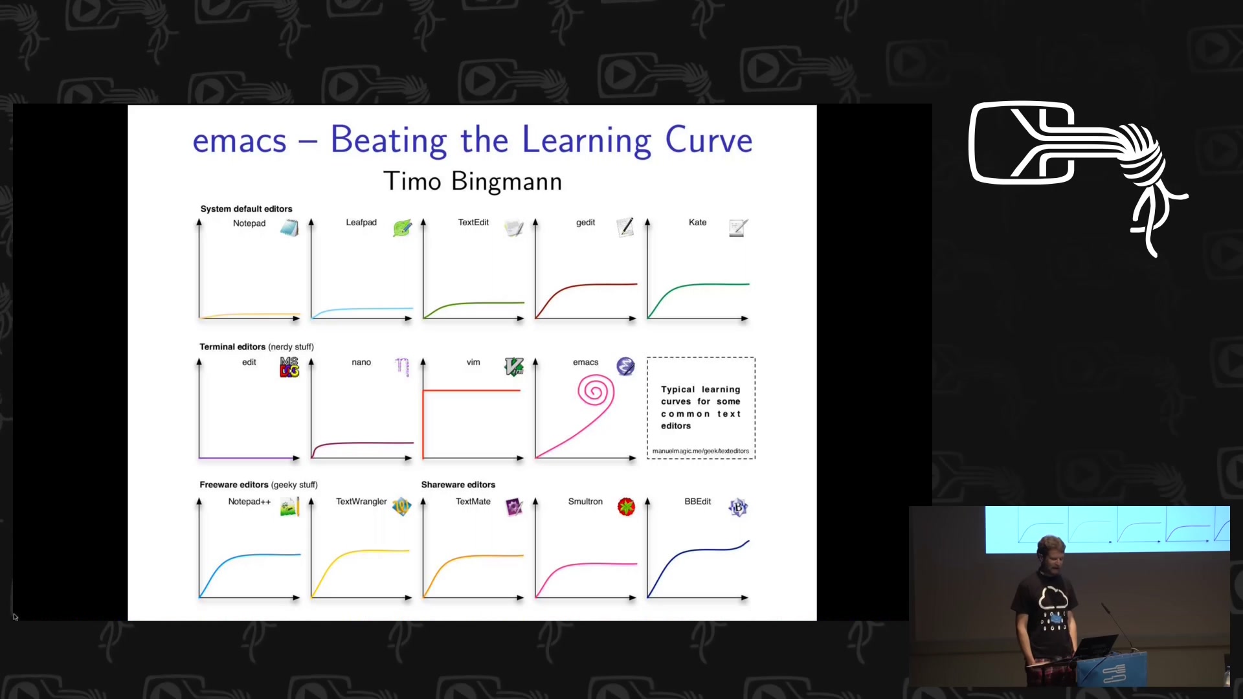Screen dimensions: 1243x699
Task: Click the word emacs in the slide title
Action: pos(240,141)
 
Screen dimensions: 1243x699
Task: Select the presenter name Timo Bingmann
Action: pos(473,181)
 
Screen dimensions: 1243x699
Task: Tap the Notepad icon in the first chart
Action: pos(289,228)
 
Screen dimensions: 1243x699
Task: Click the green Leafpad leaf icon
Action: pos(402,228)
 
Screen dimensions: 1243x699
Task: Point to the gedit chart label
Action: pos(585,223)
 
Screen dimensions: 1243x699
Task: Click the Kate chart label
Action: pos(697,222)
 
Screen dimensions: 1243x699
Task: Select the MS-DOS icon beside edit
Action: pos(289,367)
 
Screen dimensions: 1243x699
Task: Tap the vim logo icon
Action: pos(514,367)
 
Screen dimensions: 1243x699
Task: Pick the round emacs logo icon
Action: pos(625,366)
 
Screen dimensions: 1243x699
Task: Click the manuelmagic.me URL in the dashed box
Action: pos(700,451)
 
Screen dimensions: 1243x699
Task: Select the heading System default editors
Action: pos(246,209)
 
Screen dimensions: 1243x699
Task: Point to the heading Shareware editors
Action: pos(458,485)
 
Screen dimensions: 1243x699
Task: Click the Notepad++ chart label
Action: pos(249,502)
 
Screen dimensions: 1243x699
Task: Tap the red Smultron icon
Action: pos(626,507)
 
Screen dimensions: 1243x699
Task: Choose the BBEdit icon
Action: pos(738,507)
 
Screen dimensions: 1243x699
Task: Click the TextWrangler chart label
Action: pos(361,502)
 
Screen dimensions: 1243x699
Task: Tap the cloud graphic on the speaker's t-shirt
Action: pos(1053,597)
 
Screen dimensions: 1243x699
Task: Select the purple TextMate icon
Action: pos(514,507)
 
